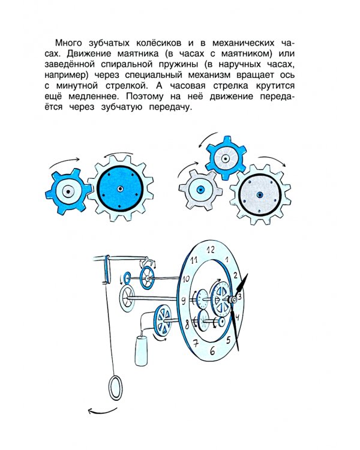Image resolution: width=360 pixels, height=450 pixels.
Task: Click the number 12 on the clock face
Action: [209, 249]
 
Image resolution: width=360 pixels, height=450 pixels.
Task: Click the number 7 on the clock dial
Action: [194, 343]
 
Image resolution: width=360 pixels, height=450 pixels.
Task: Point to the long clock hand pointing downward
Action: [239, 327]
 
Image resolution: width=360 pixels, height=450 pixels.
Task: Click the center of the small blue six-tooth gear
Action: [68, 192]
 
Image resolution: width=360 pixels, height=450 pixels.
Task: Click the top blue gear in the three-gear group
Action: [226, 159]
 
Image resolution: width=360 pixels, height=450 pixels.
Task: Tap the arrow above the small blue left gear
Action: [64, 161]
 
